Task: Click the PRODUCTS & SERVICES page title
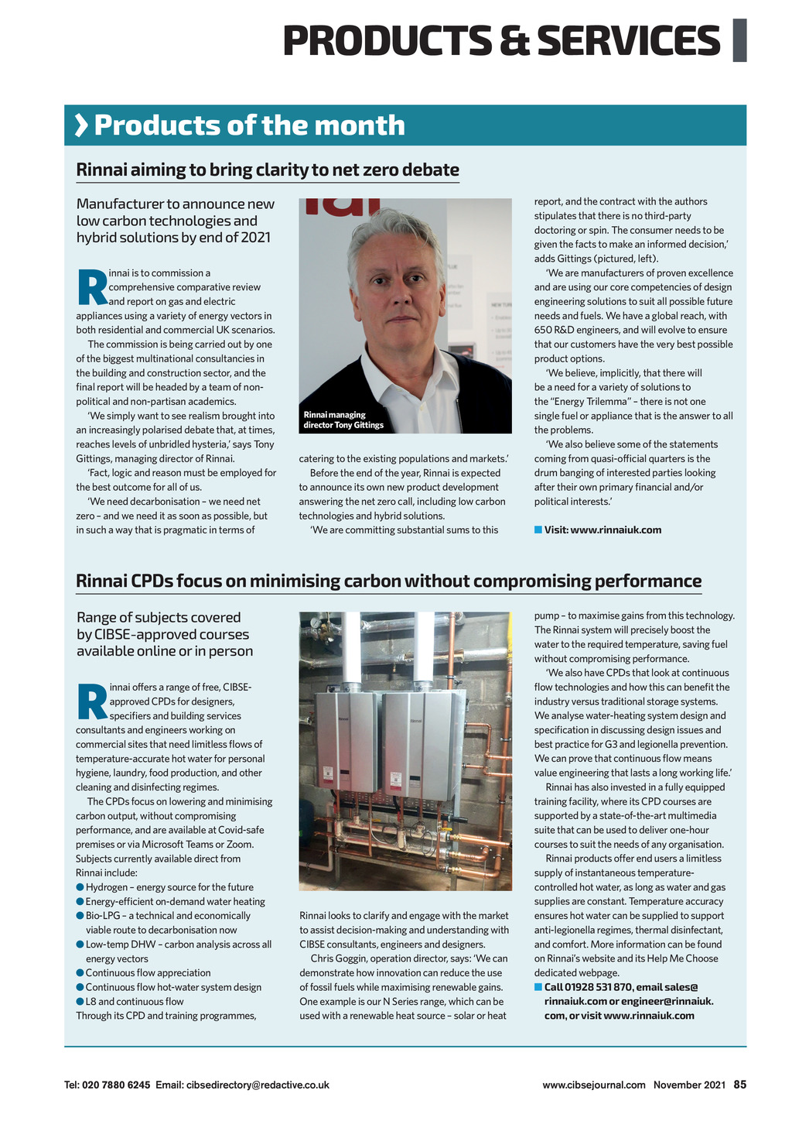coord(501,40)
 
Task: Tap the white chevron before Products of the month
coord(80,125)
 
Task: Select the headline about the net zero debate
coord(268,170)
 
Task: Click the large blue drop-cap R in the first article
coord(92,287)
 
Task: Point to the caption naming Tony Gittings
coord(343,420)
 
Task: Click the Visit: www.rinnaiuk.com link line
coord(603,530)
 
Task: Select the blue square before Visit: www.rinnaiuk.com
coord(538,530)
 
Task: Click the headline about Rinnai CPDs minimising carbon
coord(388,581)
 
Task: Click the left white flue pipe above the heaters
coord(352,646)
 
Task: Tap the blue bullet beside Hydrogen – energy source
coord(80,887)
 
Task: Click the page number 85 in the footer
coord(739,1085)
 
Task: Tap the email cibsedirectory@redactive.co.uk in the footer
coord(258,1085)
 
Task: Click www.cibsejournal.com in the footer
coord(593,1085)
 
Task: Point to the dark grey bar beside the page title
coord(739,39)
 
